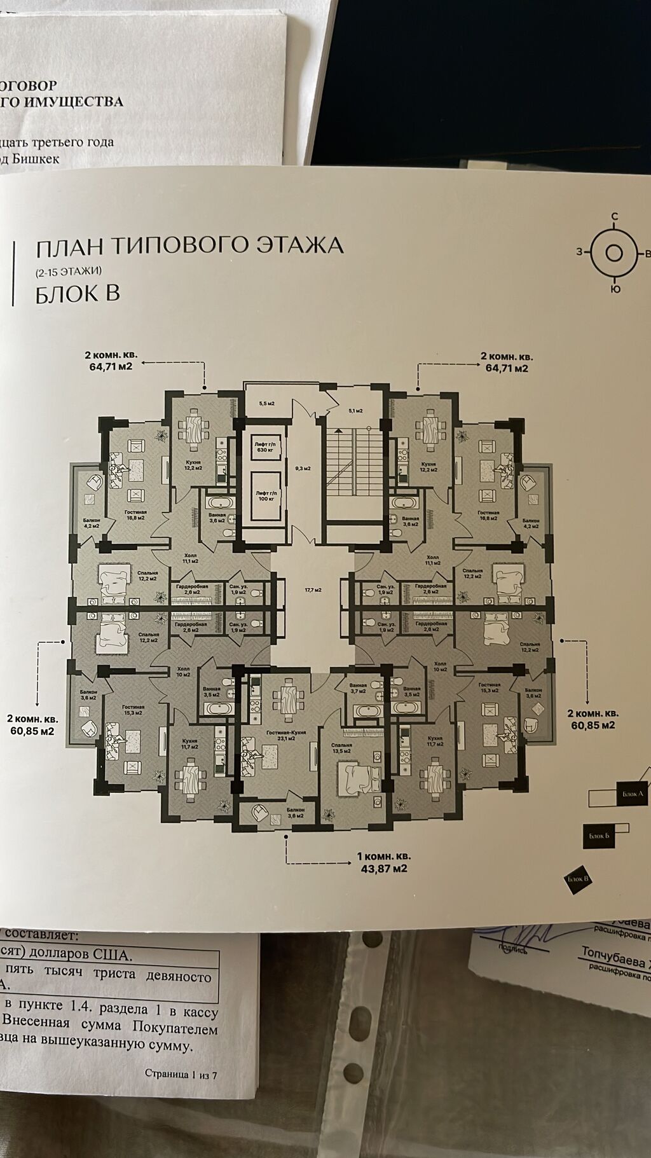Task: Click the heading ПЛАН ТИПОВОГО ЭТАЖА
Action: [x=189, y=245]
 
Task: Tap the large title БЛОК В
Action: [x=78, y=294]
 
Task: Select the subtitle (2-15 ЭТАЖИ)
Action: [x=69, y=271]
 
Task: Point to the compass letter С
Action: [x=614, y=235]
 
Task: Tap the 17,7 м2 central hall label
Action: [x=313, y=589]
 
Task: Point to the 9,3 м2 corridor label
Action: [x=303, y=469]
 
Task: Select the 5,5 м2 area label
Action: [x=266, y=403]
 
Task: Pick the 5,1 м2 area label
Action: [x=355, y=411]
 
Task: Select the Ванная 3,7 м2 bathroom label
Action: [x=359, y=689]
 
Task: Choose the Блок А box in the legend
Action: [x=631, y=794]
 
